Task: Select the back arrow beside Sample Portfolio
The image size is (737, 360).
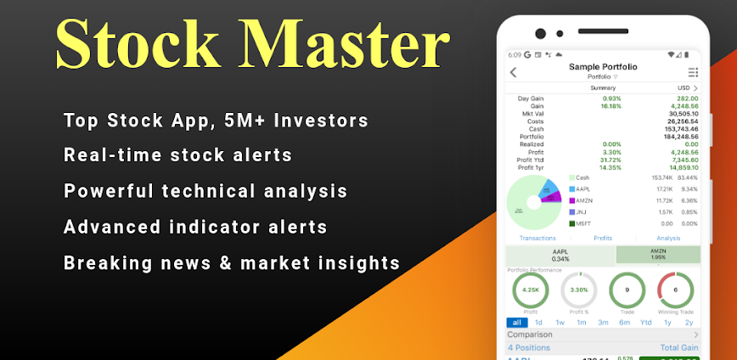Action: click(514, 72)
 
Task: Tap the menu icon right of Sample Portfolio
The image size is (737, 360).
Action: click(693, 72)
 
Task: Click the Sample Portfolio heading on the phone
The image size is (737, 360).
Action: click(603, 66)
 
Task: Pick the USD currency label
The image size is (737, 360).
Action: click(684, 88)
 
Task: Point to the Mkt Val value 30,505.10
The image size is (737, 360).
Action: click(684, 114)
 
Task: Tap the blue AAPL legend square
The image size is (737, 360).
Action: click(572, 189)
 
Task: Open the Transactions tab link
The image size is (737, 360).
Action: click(537, 239)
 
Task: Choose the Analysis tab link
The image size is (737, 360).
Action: click(668, 239)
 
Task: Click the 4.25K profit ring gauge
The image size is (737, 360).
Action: click(530, 290)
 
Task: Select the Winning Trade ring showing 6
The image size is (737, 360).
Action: click(675, 290)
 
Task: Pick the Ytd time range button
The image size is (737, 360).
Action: click(646, 323)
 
